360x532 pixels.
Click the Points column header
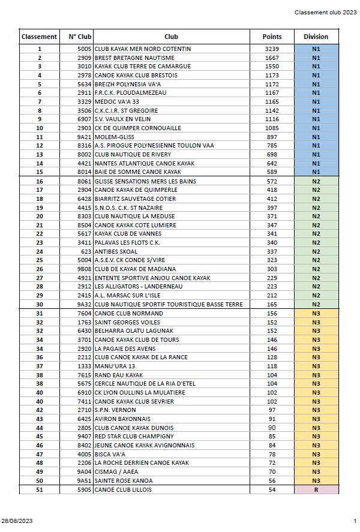point(272,37)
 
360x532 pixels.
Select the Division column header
point(316,37)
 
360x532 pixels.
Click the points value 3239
point(272,49)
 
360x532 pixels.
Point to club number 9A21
point(83,137)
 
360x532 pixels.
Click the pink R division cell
point(316,490)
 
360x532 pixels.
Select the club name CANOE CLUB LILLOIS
point(123,490)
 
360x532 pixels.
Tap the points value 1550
point(272,67)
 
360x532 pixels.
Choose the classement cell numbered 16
point(40,181)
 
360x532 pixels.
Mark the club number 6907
point(83,119)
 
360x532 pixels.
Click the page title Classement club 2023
point(325,13)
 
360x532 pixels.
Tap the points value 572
point(272,181)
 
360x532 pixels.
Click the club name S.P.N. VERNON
point(115,410)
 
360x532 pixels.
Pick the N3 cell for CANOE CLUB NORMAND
point(316,313)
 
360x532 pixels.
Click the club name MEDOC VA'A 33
point(115,102)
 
